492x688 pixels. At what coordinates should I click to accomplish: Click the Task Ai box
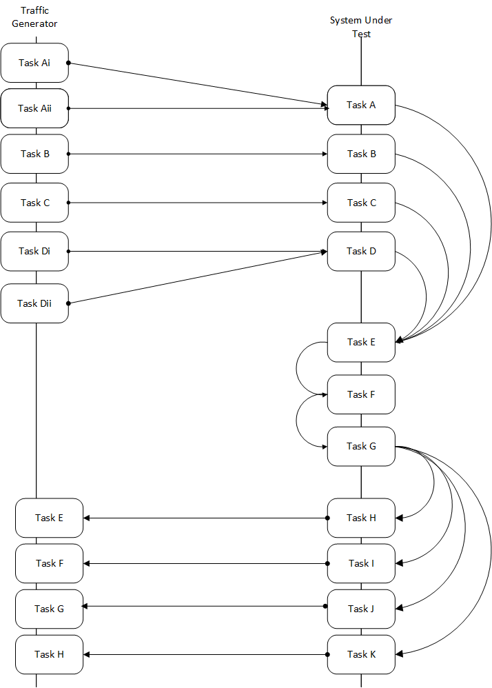[34, 63]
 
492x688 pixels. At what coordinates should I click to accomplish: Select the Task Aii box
[34, 108]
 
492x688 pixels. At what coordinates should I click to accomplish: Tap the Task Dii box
[34, 303]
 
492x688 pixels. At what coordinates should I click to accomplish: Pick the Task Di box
[34, 252]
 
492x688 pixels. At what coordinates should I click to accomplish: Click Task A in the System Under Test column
[361, 105]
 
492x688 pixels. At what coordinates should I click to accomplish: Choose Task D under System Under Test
[361, 252]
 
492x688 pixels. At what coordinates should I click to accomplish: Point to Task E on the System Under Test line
[361, 342]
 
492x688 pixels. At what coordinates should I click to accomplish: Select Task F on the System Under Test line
[361, 394]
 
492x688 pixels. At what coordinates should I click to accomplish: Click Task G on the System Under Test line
[361, 446]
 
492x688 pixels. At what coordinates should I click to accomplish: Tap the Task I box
[361, 563]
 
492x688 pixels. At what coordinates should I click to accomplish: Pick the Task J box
[361, 609]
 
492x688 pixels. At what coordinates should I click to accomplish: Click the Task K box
[361, 654]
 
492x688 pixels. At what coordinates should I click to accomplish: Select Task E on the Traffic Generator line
[50, 518]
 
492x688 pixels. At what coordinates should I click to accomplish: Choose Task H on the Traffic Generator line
[50, 654]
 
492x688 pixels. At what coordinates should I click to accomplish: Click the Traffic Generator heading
[34, 17]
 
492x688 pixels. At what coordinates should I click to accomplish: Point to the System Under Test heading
[360, 27]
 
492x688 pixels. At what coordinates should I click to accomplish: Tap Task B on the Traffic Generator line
[34, 154]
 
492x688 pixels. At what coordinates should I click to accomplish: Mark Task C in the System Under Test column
[361, 203]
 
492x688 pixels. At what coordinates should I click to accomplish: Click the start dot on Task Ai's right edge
[68, 63]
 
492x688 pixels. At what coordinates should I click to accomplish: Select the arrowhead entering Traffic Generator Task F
[87, 563]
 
